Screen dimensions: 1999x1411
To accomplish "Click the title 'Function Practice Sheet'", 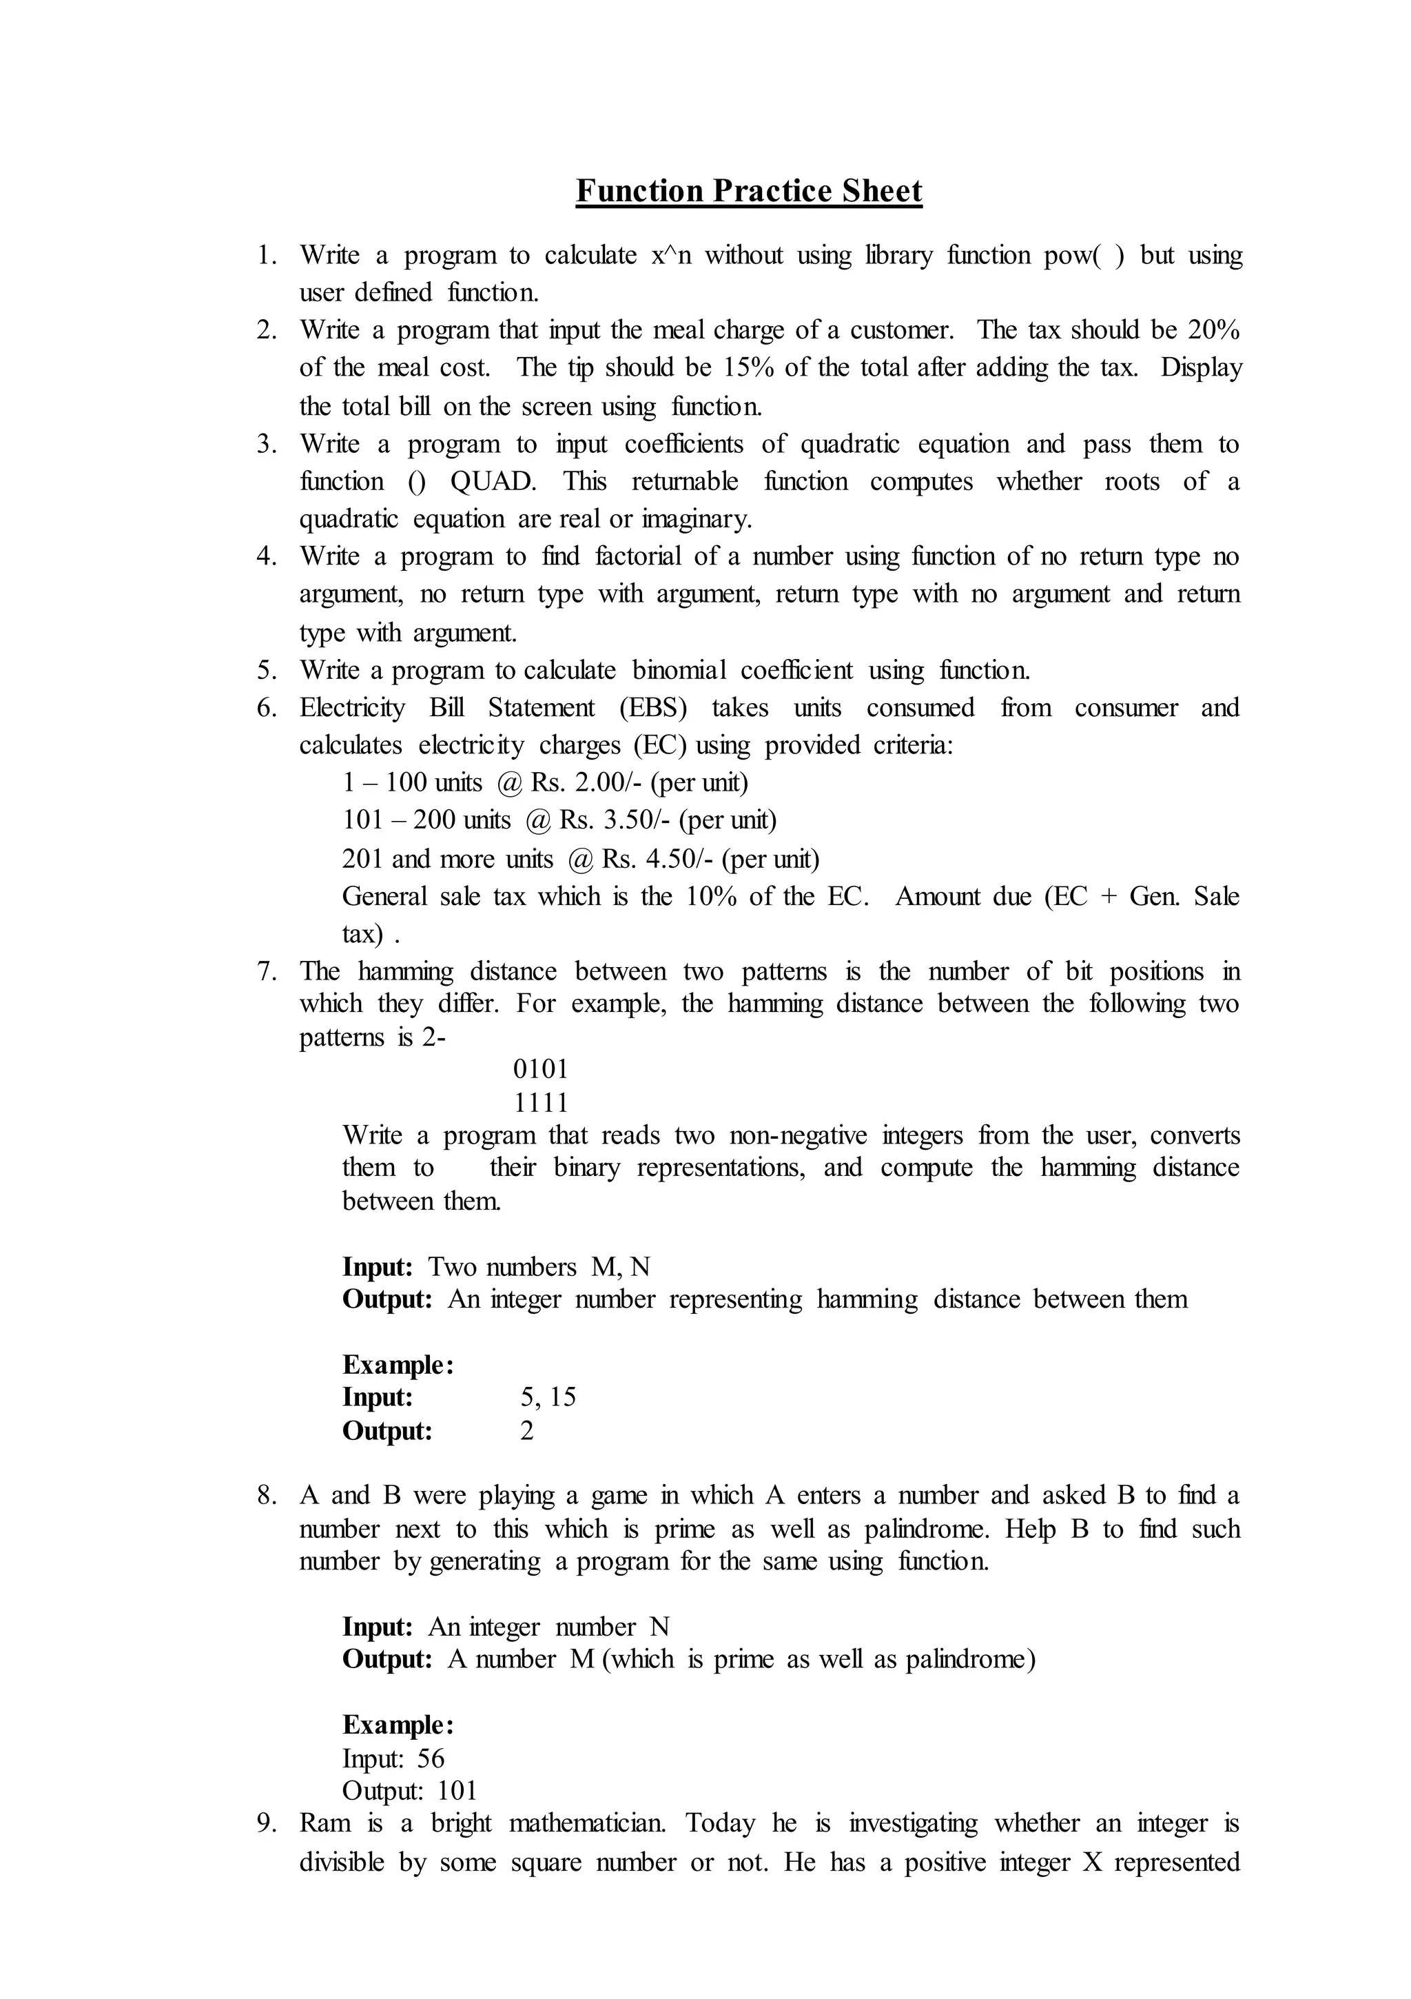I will [x=749, y=191].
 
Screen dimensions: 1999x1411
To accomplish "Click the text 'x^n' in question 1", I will [x=670, y=255].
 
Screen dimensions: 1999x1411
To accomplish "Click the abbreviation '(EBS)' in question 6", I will [x=653, y=708].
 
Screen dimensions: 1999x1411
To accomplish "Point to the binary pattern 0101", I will [x=541, y=1069].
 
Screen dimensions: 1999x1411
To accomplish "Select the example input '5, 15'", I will [x=548, y=1397].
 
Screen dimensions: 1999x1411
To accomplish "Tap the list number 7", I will [x=267, y=972].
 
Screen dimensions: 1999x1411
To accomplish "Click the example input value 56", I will [x=430, y=1758].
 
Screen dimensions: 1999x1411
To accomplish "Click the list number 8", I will [x=267, y=1496].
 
